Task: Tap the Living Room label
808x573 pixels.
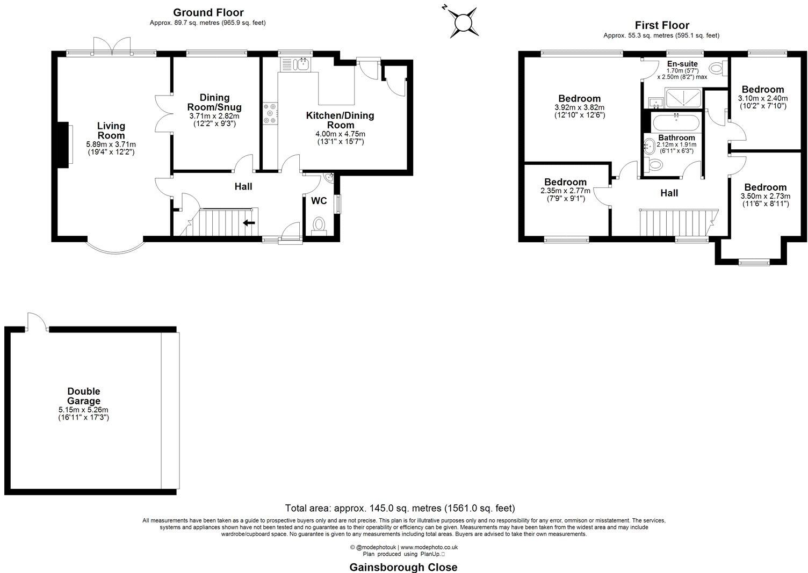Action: point(111,130)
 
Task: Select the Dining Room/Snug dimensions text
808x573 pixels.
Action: point(214,119)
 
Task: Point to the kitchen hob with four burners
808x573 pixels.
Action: point(270,113)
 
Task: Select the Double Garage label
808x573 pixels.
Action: point(84,396)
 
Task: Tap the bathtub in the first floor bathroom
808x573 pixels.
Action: point(675,123)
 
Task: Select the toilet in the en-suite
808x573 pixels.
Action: point(717,69)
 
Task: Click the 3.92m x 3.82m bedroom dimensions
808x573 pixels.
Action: point(580,111)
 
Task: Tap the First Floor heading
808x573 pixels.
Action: point(661,25)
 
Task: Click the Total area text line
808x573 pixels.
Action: point(400,508)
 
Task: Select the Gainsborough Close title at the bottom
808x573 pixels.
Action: point(403,567)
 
